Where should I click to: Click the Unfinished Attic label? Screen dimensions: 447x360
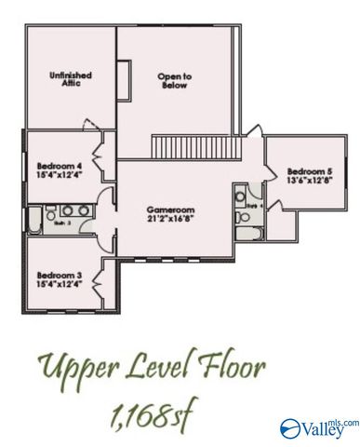(x=65, y=77)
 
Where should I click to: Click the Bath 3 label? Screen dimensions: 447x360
(x=63, y=223)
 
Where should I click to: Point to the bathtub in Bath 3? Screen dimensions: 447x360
(x=34, y=222)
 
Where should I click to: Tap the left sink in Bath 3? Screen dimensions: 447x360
(x=66, y=210)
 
